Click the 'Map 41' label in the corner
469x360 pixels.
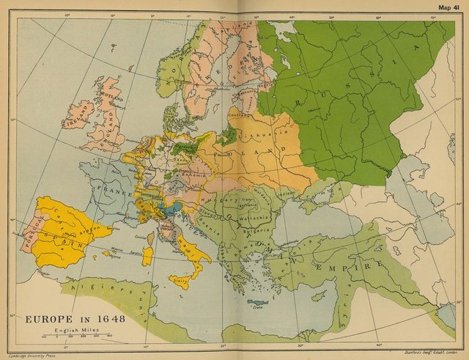click(x=448, y=8)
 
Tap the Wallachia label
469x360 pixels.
click(x=252, y=219)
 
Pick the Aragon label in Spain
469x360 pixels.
click(x=89, y=228)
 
